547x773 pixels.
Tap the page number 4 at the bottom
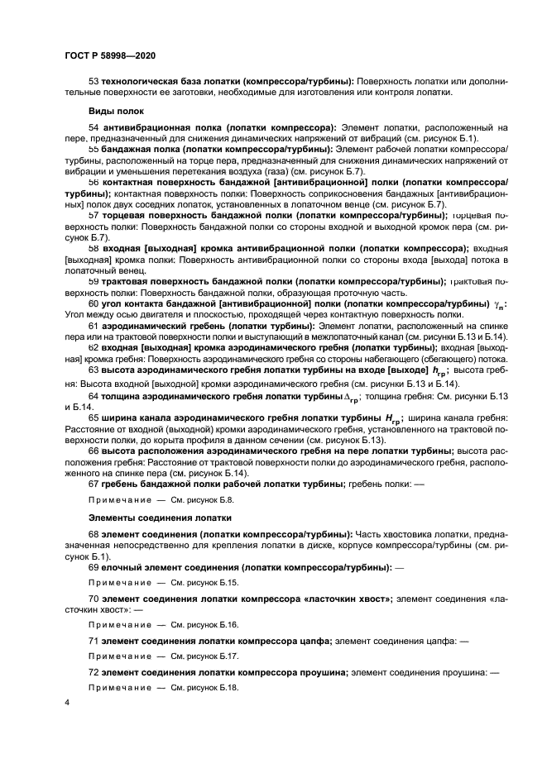pos(67,702)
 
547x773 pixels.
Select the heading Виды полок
pos(116,111)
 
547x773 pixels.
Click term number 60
pos(93,304)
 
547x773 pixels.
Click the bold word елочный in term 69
pos(122,568)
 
